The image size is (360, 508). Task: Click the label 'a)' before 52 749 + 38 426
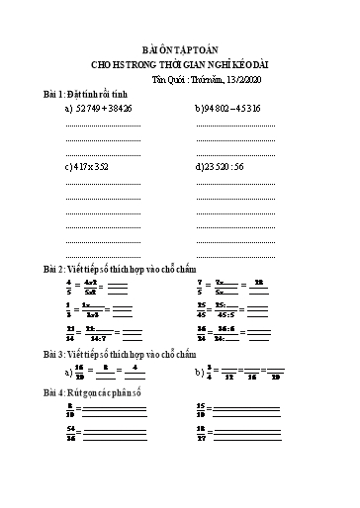point(68,108)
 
